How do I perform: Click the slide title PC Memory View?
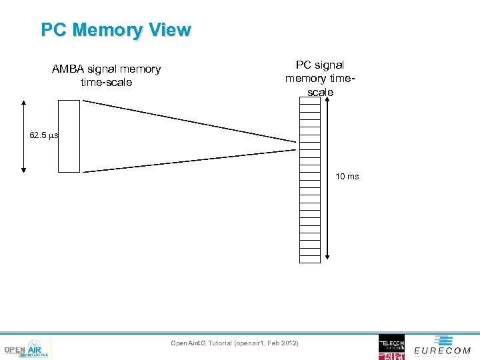coord(116,30)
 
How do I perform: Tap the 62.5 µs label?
coord(44,135)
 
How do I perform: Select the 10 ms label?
coord(347,177)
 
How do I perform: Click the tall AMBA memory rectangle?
coord(69,136)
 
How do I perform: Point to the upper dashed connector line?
coord(190,121)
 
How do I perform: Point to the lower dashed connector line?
coord(190,161)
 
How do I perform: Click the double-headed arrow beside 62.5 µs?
coord(24,136)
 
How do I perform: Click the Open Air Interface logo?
coord(27,349)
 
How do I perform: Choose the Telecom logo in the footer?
coord(391,347)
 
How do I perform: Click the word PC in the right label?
coord(303,65)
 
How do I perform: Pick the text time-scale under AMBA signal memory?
coord(106,82)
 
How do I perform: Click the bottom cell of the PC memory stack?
coord(310,258)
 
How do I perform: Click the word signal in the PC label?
coord(329,65)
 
